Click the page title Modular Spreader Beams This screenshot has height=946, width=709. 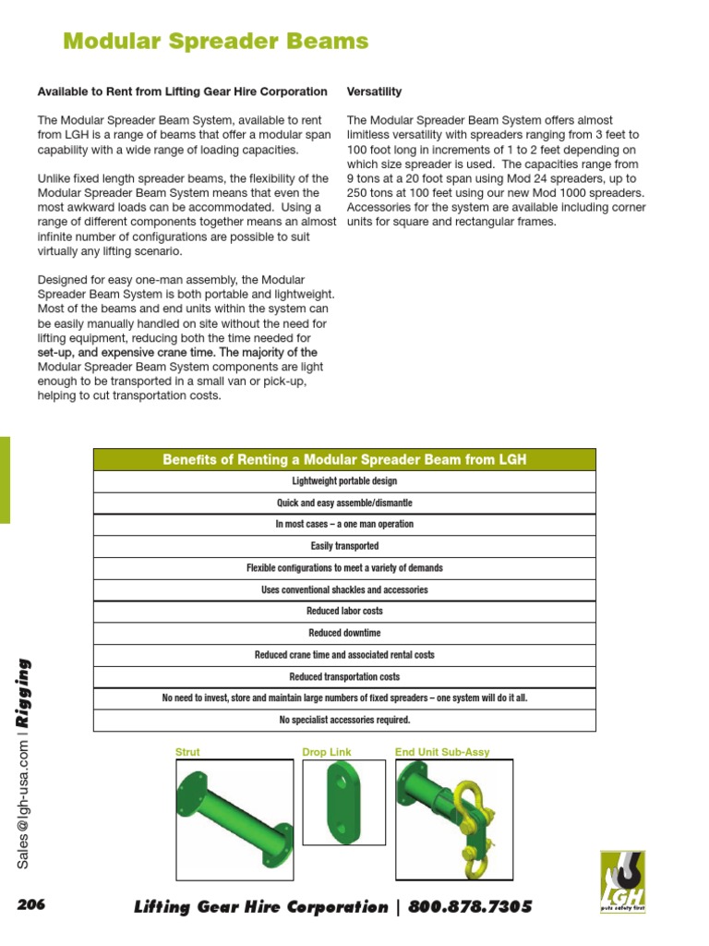click(x=215, y=42)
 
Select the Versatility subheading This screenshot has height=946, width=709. click(x=374, y=91)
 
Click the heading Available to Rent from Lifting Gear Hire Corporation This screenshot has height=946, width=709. click(x=182, y=91)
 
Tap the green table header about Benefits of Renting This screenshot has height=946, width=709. click(x=344, y=459)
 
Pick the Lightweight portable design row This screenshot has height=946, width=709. click(x=344, y=481)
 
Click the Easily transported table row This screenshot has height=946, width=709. click(x=344, y=546)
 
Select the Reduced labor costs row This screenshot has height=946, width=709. click(x=344, y=611)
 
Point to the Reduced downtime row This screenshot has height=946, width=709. click(x=344, y=633)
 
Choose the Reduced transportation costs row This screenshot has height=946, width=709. click(x=344, y=676)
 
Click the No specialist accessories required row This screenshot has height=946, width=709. click(x=344, y=720)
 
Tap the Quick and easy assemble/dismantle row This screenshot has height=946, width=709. click(x=344, y=503)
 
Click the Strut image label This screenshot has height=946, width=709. click(x=187, y=752)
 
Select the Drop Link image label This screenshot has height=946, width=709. click(x=327, y=752)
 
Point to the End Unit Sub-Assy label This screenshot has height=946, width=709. click(x=442, y=752)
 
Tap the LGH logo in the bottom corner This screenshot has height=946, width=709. click(x=622, y=882)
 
